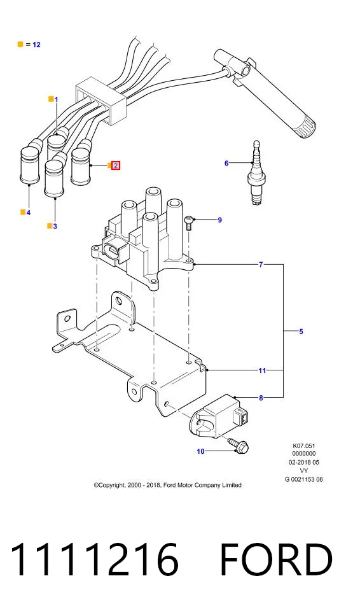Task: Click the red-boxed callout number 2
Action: click(116, 165)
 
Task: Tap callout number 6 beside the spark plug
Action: click(226, 164)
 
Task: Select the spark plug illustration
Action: click(256, 172)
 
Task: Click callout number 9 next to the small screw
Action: click(219, 220)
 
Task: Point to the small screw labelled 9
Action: click(189, 223)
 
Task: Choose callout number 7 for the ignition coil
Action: click(261, 265)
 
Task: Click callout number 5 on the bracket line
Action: click(301, 332)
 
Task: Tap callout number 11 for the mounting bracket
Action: click(262, 370)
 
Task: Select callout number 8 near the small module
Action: click(261, 398)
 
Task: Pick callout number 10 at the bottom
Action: click(200, 451)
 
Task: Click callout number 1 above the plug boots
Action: click(56, 100)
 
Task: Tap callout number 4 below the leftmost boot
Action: click(28, 213)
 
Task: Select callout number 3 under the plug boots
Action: click(55, 227)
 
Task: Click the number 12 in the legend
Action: click(36, 45)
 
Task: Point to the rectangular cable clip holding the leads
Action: click(100, 101)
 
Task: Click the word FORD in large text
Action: click(276, 559)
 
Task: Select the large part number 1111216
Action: click(95, 559)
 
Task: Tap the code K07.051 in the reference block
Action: click(304, 446)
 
